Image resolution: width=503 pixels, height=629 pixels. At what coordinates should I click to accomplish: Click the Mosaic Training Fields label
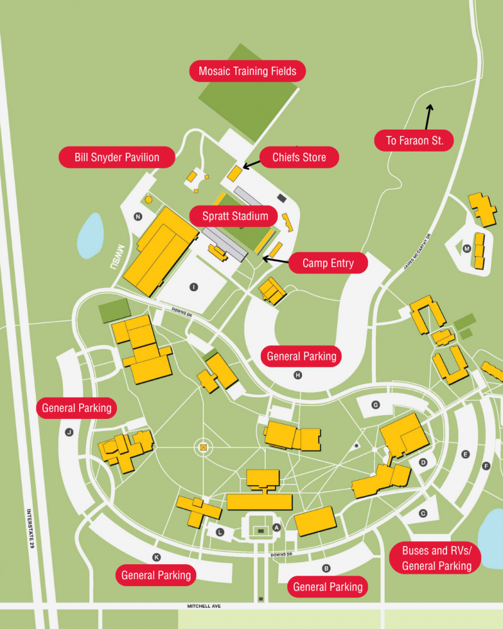(247, 71)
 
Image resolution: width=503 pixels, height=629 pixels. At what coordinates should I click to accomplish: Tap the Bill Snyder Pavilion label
(116, 157)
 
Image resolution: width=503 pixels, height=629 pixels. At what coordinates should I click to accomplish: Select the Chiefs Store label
(299, 157)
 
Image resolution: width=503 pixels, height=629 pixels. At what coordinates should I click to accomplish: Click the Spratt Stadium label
(235, 216)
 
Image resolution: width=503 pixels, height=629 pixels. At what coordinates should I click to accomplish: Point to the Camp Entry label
(328, 263)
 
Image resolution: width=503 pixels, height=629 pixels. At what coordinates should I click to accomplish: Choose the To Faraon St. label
(414, 141)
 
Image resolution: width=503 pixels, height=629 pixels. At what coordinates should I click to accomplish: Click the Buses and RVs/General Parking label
(436, 558)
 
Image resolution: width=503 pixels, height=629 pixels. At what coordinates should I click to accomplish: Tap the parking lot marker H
(298, 376)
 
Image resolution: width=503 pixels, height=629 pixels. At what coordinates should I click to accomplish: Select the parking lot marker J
(69, 432)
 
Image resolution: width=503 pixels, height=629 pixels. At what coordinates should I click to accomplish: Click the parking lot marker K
(157, 557)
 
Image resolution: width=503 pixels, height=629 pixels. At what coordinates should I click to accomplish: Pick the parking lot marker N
(138, 217)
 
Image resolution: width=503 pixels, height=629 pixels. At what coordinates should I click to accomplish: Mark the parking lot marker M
(467, 248)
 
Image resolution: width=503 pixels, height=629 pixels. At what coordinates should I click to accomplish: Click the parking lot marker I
(194, 287)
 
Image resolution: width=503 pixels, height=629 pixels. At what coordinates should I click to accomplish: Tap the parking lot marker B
(326, 569)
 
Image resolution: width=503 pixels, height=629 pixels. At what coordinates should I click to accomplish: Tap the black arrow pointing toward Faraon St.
(429, 116)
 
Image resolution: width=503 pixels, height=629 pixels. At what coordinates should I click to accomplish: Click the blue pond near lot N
(90, 235)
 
